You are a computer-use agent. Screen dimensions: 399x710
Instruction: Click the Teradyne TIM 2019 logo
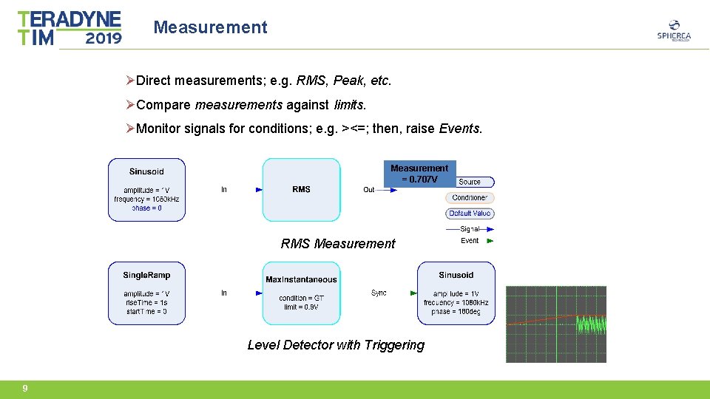coord(70,28)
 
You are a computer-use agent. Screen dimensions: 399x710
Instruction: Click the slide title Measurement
coord(210,27)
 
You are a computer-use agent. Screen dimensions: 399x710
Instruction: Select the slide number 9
coord(25,389)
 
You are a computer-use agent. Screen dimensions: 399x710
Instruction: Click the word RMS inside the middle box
coord(301,189)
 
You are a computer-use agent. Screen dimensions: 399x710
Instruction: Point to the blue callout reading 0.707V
coord(419,174)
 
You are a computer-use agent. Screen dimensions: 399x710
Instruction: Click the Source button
coord(470,182)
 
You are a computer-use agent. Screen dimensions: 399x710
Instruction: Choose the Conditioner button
coord(471,198)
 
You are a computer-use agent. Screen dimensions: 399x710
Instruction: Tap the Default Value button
coord(470,214)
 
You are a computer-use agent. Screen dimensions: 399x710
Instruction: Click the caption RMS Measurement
coord(338,244)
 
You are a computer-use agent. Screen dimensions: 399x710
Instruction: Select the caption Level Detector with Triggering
coord(336,345)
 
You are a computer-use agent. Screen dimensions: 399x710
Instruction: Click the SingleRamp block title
coord(146,275)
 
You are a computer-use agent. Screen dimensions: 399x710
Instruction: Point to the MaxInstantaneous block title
coord(301,279)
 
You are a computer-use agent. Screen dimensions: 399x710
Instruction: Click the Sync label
coord(379,293)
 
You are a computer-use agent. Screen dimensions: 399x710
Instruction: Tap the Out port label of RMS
coord(368,190)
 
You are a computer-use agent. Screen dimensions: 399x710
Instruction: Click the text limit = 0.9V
coord(301,307)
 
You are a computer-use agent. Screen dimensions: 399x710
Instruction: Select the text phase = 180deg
coord(456,312)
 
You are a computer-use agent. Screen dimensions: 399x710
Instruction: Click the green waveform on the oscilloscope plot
coord(591,324)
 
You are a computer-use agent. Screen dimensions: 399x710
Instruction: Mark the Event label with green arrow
coord(470,241)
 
